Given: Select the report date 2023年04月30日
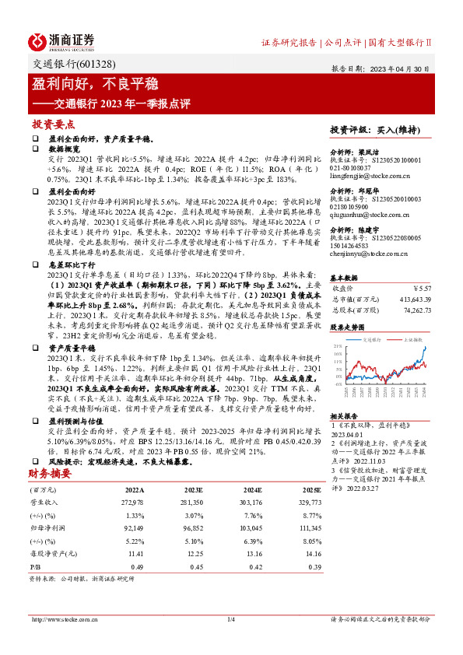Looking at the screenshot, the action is pyautogui.click(x=405, y=68).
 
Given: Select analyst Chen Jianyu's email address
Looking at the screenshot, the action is pyautogui.click(x=370, y=254).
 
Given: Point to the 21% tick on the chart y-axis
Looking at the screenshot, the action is pyautogui.click(x=335, y=345).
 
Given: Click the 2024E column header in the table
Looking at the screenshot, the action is pyautogui.click(x=253, y=491).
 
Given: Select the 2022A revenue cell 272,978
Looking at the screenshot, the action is pyautogui.click(x=134, y=503).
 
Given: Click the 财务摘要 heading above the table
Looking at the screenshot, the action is pyautogui.click(x=51, y=473).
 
